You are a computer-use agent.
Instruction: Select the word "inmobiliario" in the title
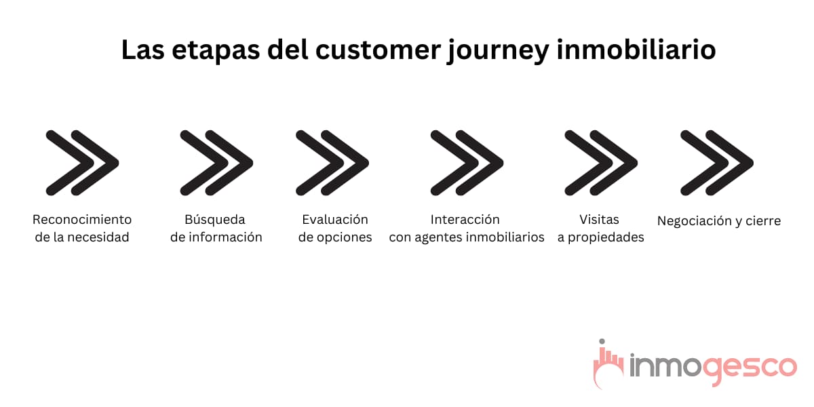click(636, 50)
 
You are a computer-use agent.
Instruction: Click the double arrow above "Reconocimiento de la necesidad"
click(82, 163)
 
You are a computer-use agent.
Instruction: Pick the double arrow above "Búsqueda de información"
click(216, 163)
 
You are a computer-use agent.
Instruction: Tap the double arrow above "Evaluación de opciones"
click(332, 163)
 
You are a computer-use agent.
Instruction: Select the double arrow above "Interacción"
click(467, 163)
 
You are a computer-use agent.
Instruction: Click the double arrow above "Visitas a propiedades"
click(601, 163)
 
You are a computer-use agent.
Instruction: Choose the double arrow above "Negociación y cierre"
click(717, 163)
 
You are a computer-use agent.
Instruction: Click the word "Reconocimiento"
click(82, 220)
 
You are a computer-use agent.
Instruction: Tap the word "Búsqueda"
click(215, 220)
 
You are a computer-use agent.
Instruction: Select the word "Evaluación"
click(335, 220)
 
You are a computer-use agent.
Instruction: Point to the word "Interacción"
click(465, 220)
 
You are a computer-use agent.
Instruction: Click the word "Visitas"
click(600, 220)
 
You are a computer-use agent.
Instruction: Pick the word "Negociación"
click(693, 221)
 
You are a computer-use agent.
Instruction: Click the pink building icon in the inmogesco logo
click(608, 364)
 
